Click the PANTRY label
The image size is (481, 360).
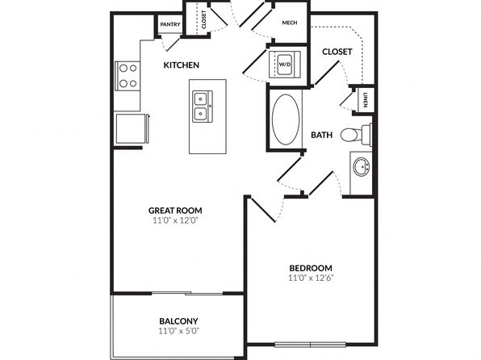click(x=170, y=24)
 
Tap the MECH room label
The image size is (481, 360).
click(x=290, y=23)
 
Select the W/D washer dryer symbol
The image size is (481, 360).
click(x=284, y=65)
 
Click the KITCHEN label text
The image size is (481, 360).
click(x=182, y=65)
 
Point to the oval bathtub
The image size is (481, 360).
click(x=286, y=119)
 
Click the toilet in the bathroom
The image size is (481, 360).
click(x=356, y=134)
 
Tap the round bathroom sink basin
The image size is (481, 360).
click(x=361, y=167)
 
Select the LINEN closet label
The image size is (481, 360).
click(x=366, y=100)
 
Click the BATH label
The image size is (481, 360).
click(x=321, y=135)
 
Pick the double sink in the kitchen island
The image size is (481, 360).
click(x=202, y=107)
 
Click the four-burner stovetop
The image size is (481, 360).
click(x=128, y=76)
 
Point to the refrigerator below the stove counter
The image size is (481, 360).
click(x=132, y=128)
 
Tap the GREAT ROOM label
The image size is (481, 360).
click(x=175, y=211)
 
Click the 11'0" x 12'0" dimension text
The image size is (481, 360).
click(x=175, y=220)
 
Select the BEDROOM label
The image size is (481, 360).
click(x=311, y=268)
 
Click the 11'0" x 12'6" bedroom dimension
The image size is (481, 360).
click(x=311, y=278)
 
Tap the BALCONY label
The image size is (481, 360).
click(x=178, y=321)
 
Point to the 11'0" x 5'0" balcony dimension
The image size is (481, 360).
click(x=179, y=331)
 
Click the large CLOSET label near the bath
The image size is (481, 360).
click(x=337, y=52)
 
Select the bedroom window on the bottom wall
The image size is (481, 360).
click(x=310, y=345)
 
